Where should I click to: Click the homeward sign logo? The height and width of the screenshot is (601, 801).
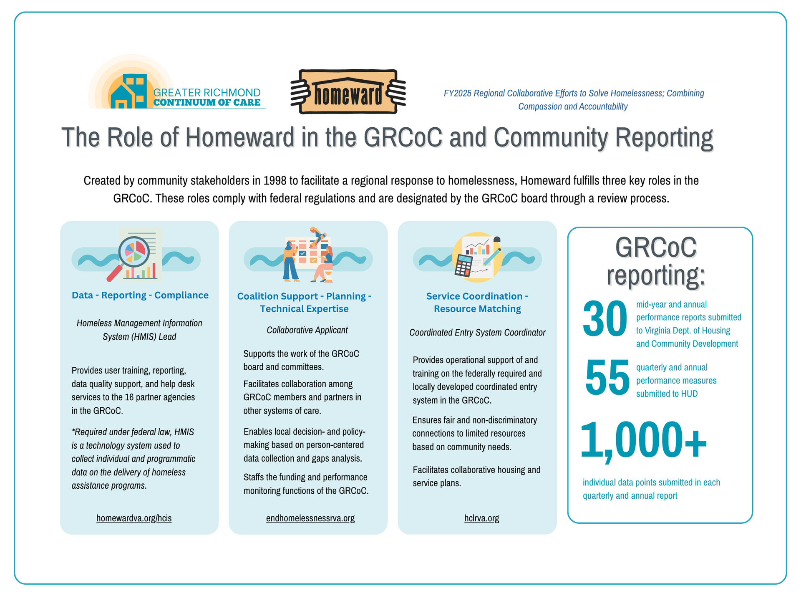click(x=348, y=92)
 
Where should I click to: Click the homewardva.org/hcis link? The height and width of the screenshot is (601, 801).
click(x=134, y=518)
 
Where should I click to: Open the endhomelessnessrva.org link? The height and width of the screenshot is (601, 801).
click(x=310, y=518)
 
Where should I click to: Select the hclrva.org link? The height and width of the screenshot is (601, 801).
click(x=482, y=518)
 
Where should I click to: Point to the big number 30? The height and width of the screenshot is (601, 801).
click(x=605, y=319)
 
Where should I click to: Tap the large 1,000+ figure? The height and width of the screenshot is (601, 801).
click(x=643, y=440)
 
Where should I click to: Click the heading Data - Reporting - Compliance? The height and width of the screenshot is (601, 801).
click(x=140, y=295)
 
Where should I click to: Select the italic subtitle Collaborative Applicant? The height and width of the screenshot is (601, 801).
click(x=307, y=330)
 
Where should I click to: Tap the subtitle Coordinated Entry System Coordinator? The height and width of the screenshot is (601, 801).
click(x=477, y=333)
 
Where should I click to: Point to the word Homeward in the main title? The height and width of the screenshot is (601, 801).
click(x=239, y=137)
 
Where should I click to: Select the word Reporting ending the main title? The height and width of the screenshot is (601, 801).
click(x=664, y=138)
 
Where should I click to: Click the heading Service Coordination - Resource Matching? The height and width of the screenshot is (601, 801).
click(x=477, y=302)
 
